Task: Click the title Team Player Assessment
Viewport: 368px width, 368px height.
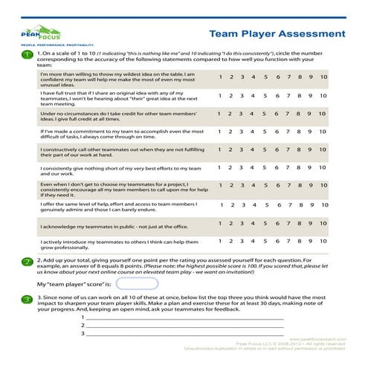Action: tap(277, 34)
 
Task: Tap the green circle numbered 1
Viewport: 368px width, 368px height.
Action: tap(27, 55)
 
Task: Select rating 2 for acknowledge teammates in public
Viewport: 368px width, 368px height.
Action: tap(232, 223)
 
